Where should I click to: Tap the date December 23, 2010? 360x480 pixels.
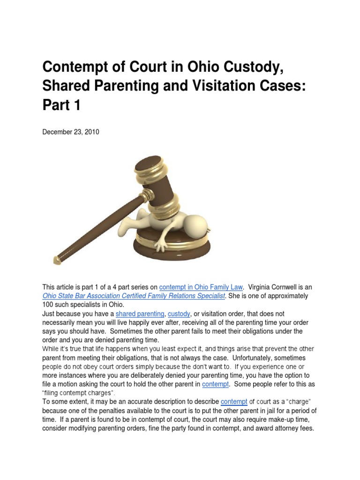71,132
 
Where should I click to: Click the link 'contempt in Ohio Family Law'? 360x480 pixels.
201,287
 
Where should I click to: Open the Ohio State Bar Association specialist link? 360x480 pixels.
134,296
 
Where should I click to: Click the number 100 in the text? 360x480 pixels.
48,305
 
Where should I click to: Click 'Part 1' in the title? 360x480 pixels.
61,105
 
